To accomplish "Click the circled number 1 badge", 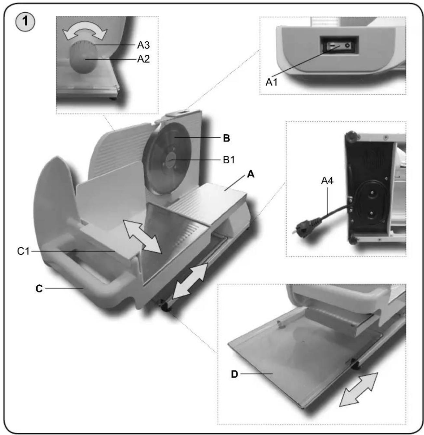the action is point(25,22).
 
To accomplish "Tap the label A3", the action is point(143,45).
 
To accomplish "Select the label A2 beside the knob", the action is point(143,59).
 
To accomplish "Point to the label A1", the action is point(272,83).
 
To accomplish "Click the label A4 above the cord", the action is point(327,181).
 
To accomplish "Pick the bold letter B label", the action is point(227,139).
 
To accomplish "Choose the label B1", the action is point(229,160).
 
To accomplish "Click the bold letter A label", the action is point(251,174).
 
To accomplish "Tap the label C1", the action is point(23,251).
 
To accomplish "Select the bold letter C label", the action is point(39,289).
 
